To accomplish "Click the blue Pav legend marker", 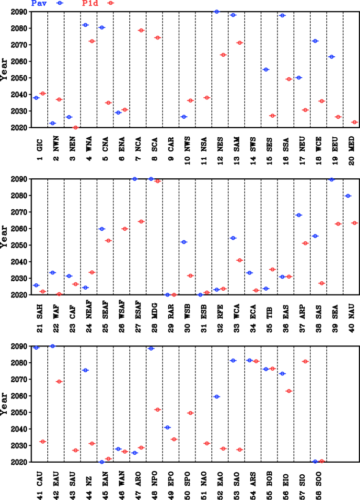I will pyautogui.click(x=59, y=3).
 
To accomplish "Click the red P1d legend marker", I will pyautogui.click(x=110, y=3).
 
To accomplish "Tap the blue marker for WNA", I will pyautogui.click(x=85, y=25).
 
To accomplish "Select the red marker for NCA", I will pyautogui.click(x=141, y=30).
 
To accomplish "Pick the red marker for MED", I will pyautogui.click(x=354, y=122).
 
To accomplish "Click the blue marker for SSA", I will pyautogui.click(x=282, y=15).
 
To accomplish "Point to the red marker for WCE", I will pyautogui.click(x=322, y=101).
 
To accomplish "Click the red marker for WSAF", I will pyautogui.click(x=125, y=229).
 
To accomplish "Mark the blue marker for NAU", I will pyautogui.click(x=348, y=196).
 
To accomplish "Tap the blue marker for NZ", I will pyautogui.click(x=85, y=370).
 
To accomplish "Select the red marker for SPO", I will pyautogui.click(x=190, y=413).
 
